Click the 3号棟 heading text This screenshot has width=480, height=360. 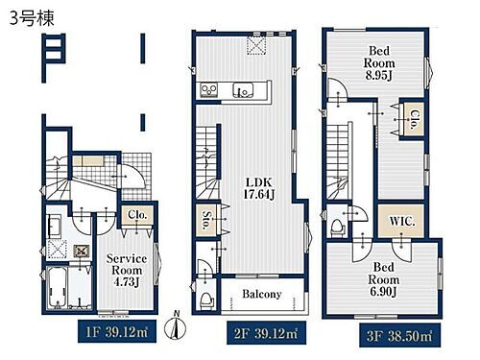[32, 18]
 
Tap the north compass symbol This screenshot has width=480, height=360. [175, 326]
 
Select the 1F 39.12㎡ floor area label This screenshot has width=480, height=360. [117, 331]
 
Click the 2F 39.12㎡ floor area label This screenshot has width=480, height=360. [266, 333]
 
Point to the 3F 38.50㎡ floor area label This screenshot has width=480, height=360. [399, 335]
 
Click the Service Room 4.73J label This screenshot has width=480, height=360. [127, 271]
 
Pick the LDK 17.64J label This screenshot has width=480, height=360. [259, 188]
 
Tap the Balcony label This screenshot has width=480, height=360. [262, 294]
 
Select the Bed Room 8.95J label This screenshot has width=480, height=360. [379, 63]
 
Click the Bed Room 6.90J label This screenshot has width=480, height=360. [383, 279]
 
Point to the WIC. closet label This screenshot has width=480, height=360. [402, 221]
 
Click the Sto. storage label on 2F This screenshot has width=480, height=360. [207, 220]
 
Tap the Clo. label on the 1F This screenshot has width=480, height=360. [137, 214]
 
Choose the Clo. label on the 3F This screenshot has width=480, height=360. [414, 119]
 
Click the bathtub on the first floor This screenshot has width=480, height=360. [57, 287]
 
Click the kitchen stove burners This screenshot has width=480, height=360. [209, 90]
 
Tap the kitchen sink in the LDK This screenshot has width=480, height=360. [243, 90]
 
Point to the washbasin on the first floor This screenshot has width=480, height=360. [54, 227]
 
